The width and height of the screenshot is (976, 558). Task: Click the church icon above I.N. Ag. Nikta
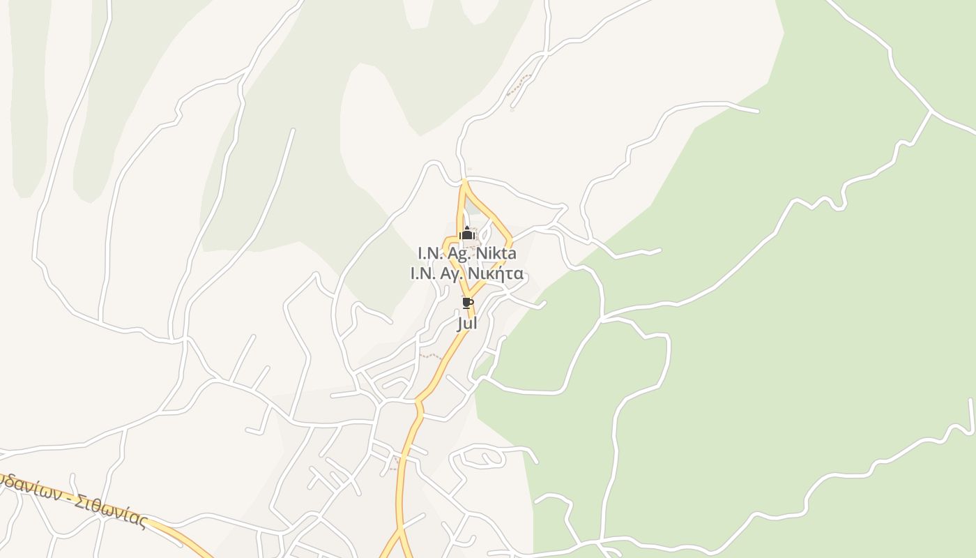tap(467, 234)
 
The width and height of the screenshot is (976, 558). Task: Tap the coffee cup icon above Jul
tap(467, 303)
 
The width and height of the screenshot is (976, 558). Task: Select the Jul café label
tap(467, 324)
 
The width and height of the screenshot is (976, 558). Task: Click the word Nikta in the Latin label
tap(496, 252)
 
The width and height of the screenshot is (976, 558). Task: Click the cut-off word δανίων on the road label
tap(31, 487)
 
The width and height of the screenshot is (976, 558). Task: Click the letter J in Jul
tap(460, 324)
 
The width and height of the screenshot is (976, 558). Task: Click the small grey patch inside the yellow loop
tap(474, 207)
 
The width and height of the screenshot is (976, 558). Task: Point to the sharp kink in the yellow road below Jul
tap(418, 402)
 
